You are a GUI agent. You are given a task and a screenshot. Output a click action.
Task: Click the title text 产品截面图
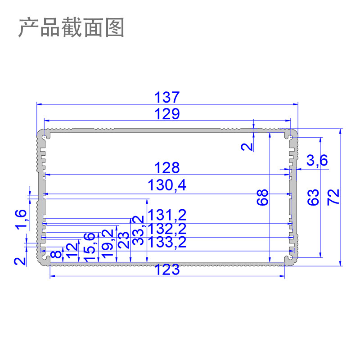[71, 28]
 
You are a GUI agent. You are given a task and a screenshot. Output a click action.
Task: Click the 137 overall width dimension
[167, 97]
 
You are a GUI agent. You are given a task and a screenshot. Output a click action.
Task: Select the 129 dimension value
[167, 113]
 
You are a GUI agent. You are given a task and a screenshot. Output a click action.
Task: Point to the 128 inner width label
[167, 168]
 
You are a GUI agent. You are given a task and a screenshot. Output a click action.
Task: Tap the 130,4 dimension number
[167, 185]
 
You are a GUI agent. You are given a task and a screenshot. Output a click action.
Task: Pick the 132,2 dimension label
[167, 229]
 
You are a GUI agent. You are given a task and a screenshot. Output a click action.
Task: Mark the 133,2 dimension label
[167, 243]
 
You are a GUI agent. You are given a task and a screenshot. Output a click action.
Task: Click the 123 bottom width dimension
[167, 270]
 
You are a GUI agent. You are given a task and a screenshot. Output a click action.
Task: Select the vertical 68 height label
[263, 198]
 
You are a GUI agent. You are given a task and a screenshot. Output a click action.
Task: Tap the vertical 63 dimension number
[314, 198]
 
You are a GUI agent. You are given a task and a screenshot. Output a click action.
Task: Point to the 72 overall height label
[333, 198]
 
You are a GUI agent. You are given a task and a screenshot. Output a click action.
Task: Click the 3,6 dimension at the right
[317, 160]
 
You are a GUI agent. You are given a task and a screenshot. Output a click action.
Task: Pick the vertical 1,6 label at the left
[21, 219]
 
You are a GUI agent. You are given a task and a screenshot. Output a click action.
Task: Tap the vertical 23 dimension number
[123, 240]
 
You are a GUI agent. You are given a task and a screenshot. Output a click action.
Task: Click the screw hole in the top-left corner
[45, 135]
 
